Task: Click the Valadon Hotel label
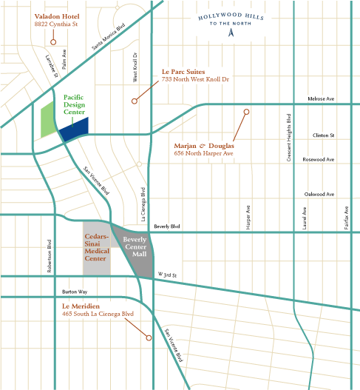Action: pyautogui.click(x=58, y=16)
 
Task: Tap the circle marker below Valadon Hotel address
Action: pyautogui.click(x=53, y=41)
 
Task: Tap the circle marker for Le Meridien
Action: pyautogui.click(x=149, y=338)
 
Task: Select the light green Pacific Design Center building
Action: pyautogui.click(x=47, y=121)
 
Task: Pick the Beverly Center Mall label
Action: pyautogui.click(x=135, y=247)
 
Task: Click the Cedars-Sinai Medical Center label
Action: pyautogui.click(x=96, y=248)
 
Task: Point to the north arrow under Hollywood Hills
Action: pyautogui.click(x=230, y=33)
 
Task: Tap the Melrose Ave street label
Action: pyautogui.click(x=320, y=99)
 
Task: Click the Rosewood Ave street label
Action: pyautogui.click(x=319, y=159)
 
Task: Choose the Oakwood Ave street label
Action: pyautogui.click(x=319, y=194)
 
